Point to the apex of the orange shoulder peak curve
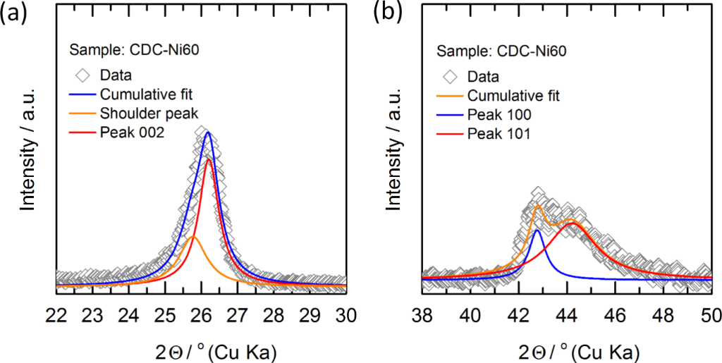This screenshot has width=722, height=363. click(x=194, y=238)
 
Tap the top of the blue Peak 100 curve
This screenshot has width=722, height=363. click(x=537, y=230)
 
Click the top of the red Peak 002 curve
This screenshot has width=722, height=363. click(x=209, y=160)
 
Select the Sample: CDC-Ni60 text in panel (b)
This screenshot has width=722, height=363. click(x=502, y=51)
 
